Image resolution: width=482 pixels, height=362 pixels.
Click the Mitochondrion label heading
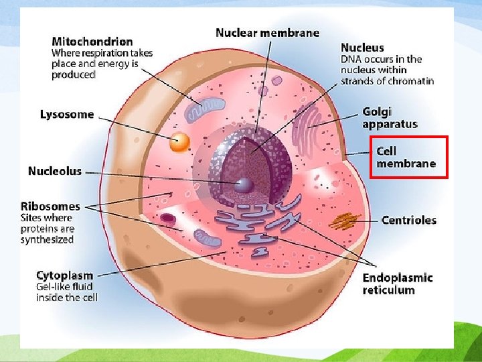[x=92, y=42]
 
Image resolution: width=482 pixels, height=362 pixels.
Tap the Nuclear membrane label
[x=267, y=33]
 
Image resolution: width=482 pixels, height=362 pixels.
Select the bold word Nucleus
[x=362, y=48]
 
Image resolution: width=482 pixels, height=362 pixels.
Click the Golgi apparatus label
[x=390, y=117]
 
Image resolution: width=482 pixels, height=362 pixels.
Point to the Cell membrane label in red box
[x=406, y=158]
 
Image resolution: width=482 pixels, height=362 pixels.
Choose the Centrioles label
[x=408, y=220]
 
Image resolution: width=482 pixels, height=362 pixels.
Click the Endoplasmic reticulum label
[x=398, y=284]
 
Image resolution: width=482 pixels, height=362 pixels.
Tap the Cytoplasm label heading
[x=64, y=276]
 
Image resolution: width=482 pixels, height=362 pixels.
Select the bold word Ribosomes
[x=50, y=206]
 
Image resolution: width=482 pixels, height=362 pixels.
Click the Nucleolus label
[x=54, y=171]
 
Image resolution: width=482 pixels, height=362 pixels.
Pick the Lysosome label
[x=67, y=114]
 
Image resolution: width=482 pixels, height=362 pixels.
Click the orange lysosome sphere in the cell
[x=179, y=141]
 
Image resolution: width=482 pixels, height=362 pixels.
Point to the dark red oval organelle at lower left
[x=168, y=218]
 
